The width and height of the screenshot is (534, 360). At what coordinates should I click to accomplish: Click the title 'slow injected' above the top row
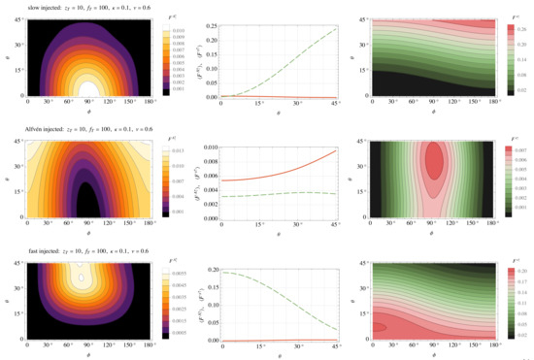[22, 8]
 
